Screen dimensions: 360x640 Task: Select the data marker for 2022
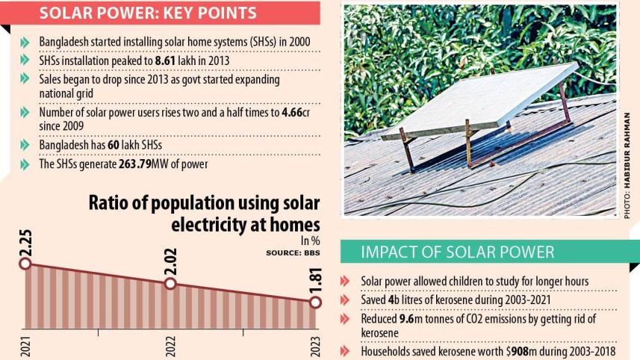pos(170,283)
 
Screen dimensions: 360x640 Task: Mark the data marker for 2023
pos(315,302)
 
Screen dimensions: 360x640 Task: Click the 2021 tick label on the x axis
pos(25,346)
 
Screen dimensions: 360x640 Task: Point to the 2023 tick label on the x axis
pos(315,346)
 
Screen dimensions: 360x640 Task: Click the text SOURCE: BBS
pos(293,253)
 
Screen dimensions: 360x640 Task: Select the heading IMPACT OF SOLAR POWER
pos(457,252)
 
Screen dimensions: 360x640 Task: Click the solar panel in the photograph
pos(478,101)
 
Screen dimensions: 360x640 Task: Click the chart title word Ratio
pos(114,204)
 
